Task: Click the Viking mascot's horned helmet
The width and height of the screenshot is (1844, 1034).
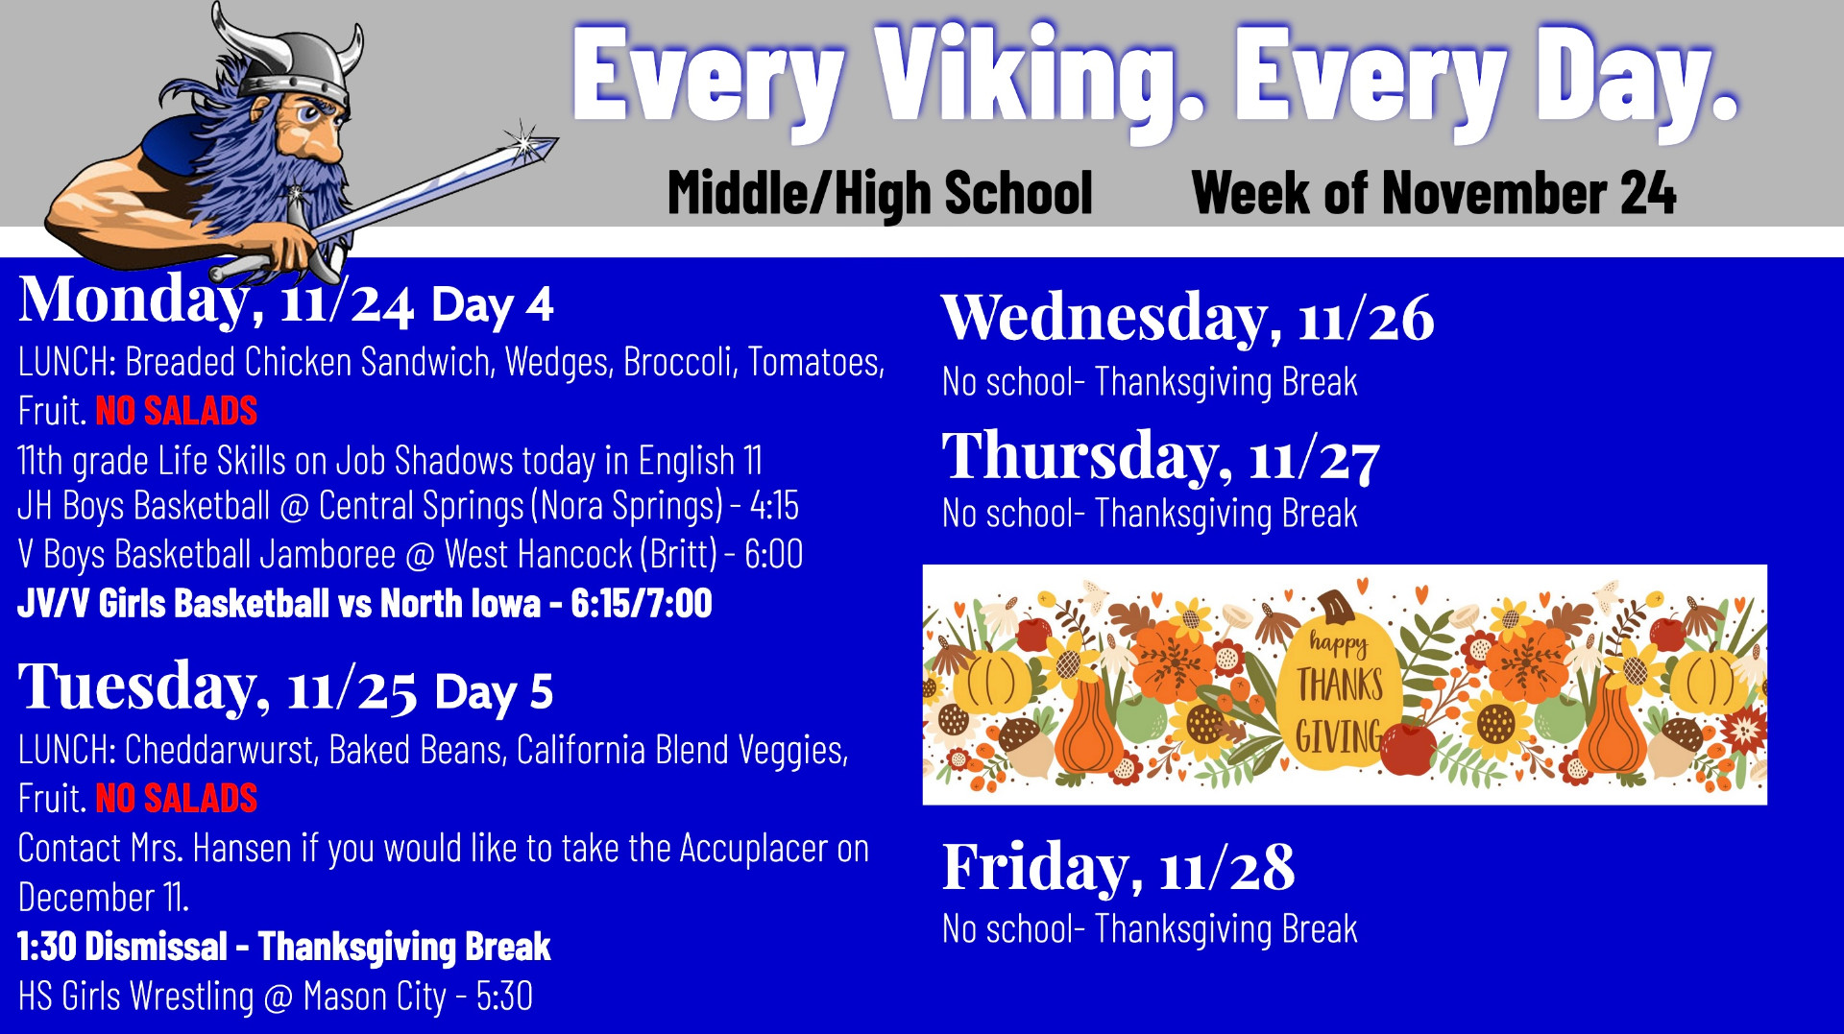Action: [288, 58]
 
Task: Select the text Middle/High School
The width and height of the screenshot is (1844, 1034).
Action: [880, 194]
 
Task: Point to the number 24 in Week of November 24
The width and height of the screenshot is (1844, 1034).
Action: [1648, 192]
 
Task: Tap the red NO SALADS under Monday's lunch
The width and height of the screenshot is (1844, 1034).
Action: [177, 411]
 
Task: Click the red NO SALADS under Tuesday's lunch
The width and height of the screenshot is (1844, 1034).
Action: [177, 799]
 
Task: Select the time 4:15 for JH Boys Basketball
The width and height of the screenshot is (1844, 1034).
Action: [774, 506]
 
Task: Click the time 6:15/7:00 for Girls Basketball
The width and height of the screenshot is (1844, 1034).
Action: [642, 604]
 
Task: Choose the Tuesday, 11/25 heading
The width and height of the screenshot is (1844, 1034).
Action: [217, 687]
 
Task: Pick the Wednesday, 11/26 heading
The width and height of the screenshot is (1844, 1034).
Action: [1188, 317]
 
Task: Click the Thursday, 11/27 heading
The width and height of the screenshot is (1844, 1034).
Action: [1161, 455]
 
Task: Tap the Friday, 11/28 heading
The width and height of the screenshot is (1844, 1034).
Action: [1118, 868]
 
